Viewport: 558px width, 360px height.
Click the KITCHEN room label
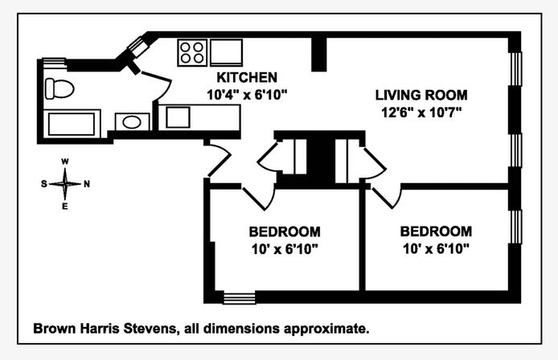(247, 78)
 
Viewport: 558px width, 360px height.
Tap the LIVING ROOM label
(421, 95)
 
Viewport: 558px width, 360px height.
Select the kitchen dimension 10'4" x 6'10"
(247, 93)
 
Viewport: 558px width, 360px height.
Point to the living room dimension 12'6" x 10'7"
(421, 111)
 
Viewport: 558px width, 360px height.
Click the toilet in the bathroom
(59, 87)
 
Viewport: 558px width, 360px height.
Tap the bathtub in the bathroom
(73, 125)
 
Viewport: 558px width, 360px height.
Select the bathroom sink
(130, 123)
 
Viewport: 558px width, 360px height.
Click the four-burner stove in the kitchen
(192, 52)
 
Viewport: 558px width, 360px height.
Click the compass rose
(65, 183)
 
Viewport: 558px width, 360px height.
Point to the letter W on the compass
(65, 162)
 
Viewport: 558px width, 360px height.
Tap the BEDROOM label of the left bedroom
(284, 231)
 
